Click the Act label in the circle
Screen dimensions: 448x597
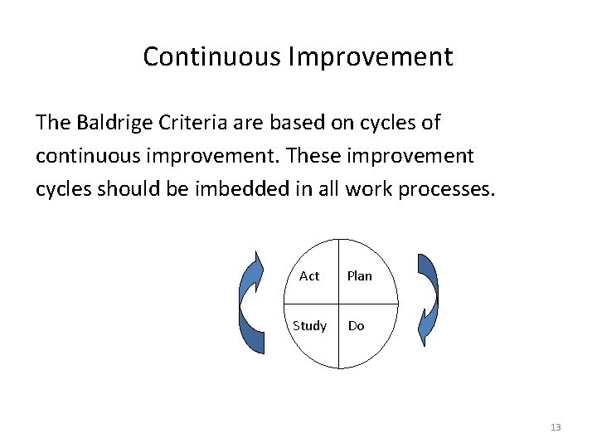coord(308,276)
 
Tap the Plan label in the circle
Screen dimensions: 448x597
coord(359,276)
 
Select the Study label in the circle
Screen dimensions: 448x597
coord(309,326)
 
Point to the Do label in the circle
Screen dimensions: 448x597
coord(356,326)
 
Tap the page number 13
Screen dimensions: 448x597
coord(555,427)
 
